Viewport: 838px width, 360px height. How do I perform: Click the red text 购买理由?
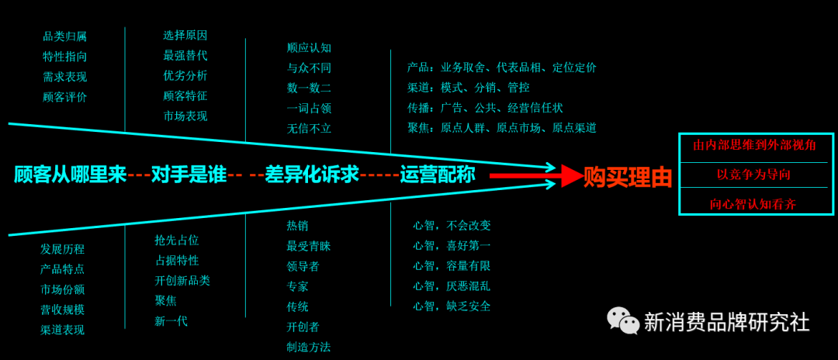628,178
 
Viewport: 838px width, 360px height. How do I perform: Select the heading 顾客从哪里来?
70,175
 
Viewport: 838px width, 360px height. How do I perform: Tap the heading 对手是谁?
189,175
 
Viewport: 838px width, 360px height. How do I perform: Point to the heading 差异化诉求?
312,175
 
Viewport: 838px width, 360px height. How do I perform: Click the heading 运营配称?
438,175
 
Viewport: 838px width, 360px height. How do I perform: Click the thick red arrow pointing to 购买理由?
535,177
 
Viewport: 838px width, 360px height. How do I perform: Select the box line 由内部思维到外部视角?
753,145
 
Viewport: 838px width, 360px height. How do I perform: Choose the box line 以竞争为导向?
753,175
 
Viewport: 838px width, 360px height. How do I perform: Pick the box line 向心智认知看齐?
753,204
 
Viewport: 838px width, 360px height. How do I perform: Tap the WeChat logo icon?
622,320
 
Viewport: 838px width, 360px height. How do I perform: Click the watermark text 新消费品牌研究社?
726,321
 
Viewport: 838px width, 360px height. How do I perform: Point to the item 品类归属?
64,36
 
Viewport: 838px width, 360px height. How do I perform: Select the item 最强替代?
185,56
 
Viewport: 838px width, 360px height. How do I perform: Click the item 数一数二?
309,88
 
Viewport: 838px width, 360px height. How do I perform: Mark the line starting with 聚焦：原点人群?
501,128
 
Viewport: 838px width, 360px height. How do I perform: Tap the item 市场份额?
62,289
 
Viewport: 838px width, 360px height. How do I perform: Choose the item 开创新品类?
182,280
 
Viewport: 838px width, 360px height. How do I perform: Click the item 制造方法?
308,347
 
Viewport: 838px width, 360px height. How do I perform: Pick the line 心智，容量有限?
452,265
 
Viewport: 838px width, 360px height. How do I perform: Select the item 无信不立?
309,129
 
